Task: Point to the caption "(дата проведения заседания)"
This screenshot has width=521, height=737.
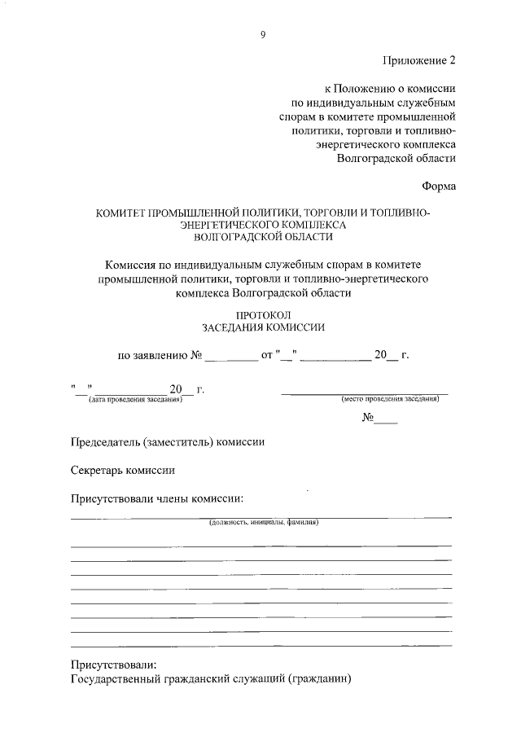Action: tap(135, 400)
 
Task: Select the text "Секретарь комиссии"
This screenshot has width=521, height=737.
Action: tap(123, 470)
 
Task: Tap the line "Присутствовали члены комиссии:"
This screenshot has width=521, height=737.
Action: tap(157, 498)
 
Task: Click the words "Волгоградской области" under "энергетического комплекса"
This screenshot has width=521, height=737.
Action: tap(396, 159)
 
